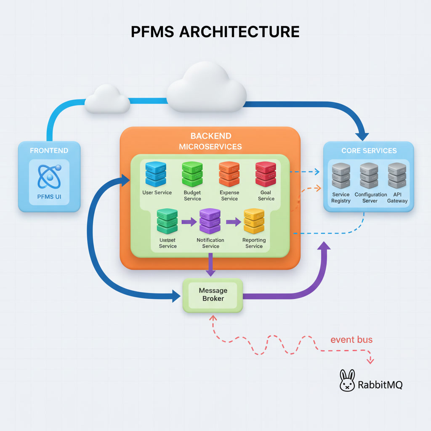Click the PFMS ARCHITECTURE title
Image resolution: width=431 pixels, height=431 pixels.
(215, 32)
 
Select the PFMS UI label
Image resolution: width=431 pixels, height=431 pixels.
(49, 197)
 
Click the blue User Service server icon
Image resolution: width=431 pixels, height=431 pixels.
(156, 174)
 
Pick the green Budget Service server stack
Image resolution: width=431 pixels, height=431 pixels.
(192, 174)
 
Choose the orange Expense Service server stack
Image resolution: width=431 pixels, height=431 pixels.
(229, 174)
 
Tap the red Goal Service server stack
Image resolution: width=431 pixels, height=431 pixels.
(266, 174)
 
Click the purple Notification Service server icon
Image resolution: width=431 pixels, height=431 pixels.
(210, 221)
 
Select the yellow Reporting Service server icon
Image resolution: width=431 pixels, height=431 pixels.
(254, 221)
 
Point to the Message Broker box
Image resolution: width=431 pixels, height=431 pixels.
(213, 295)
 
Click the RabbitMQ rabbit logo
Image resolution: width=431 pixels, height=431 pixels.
(347, 380)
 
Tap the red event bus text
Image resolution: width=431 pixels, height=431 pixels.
(351, 340)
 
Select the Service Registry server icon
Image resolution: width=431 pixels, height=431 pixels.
(341, 176)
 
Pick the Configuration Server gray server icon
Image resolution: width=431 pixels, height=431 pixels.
(369, 176)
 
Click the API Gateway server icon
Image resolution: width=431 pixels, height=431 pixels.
(397, 176)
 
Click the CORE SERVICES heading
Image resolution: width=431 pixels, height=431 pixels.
(369, 151)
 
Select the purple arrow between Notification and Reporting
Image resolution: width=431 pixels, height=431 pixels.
(233, 221)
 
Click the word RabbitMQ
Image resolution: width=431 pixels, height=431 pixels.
(380, 384)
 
